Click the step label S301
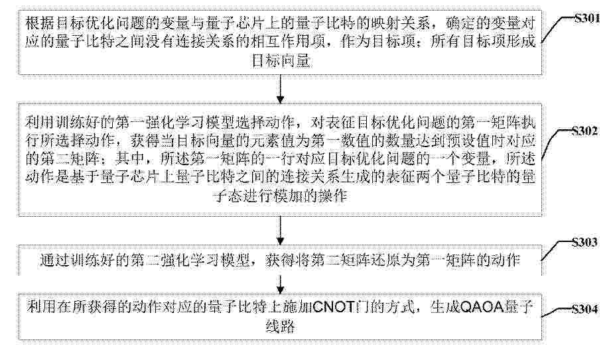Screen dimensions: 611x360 pos(587,18)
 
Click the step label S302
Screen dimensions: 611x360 pos(584,131)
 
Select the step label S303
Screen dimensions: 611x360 pos(584,243)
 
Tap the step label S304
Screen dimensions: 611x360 pos(584,309)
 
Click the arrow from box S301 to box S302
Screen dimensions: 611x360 pos(280,90)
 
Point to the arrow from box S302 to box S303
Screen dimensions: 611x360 pos(280,231)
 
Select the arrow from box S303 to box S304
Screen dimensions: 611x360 pos(280,284)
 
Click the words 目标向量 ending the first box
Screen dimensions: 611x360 pos(281,61)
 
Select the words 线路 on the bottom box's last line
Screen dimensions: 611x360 pos(280,326)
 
